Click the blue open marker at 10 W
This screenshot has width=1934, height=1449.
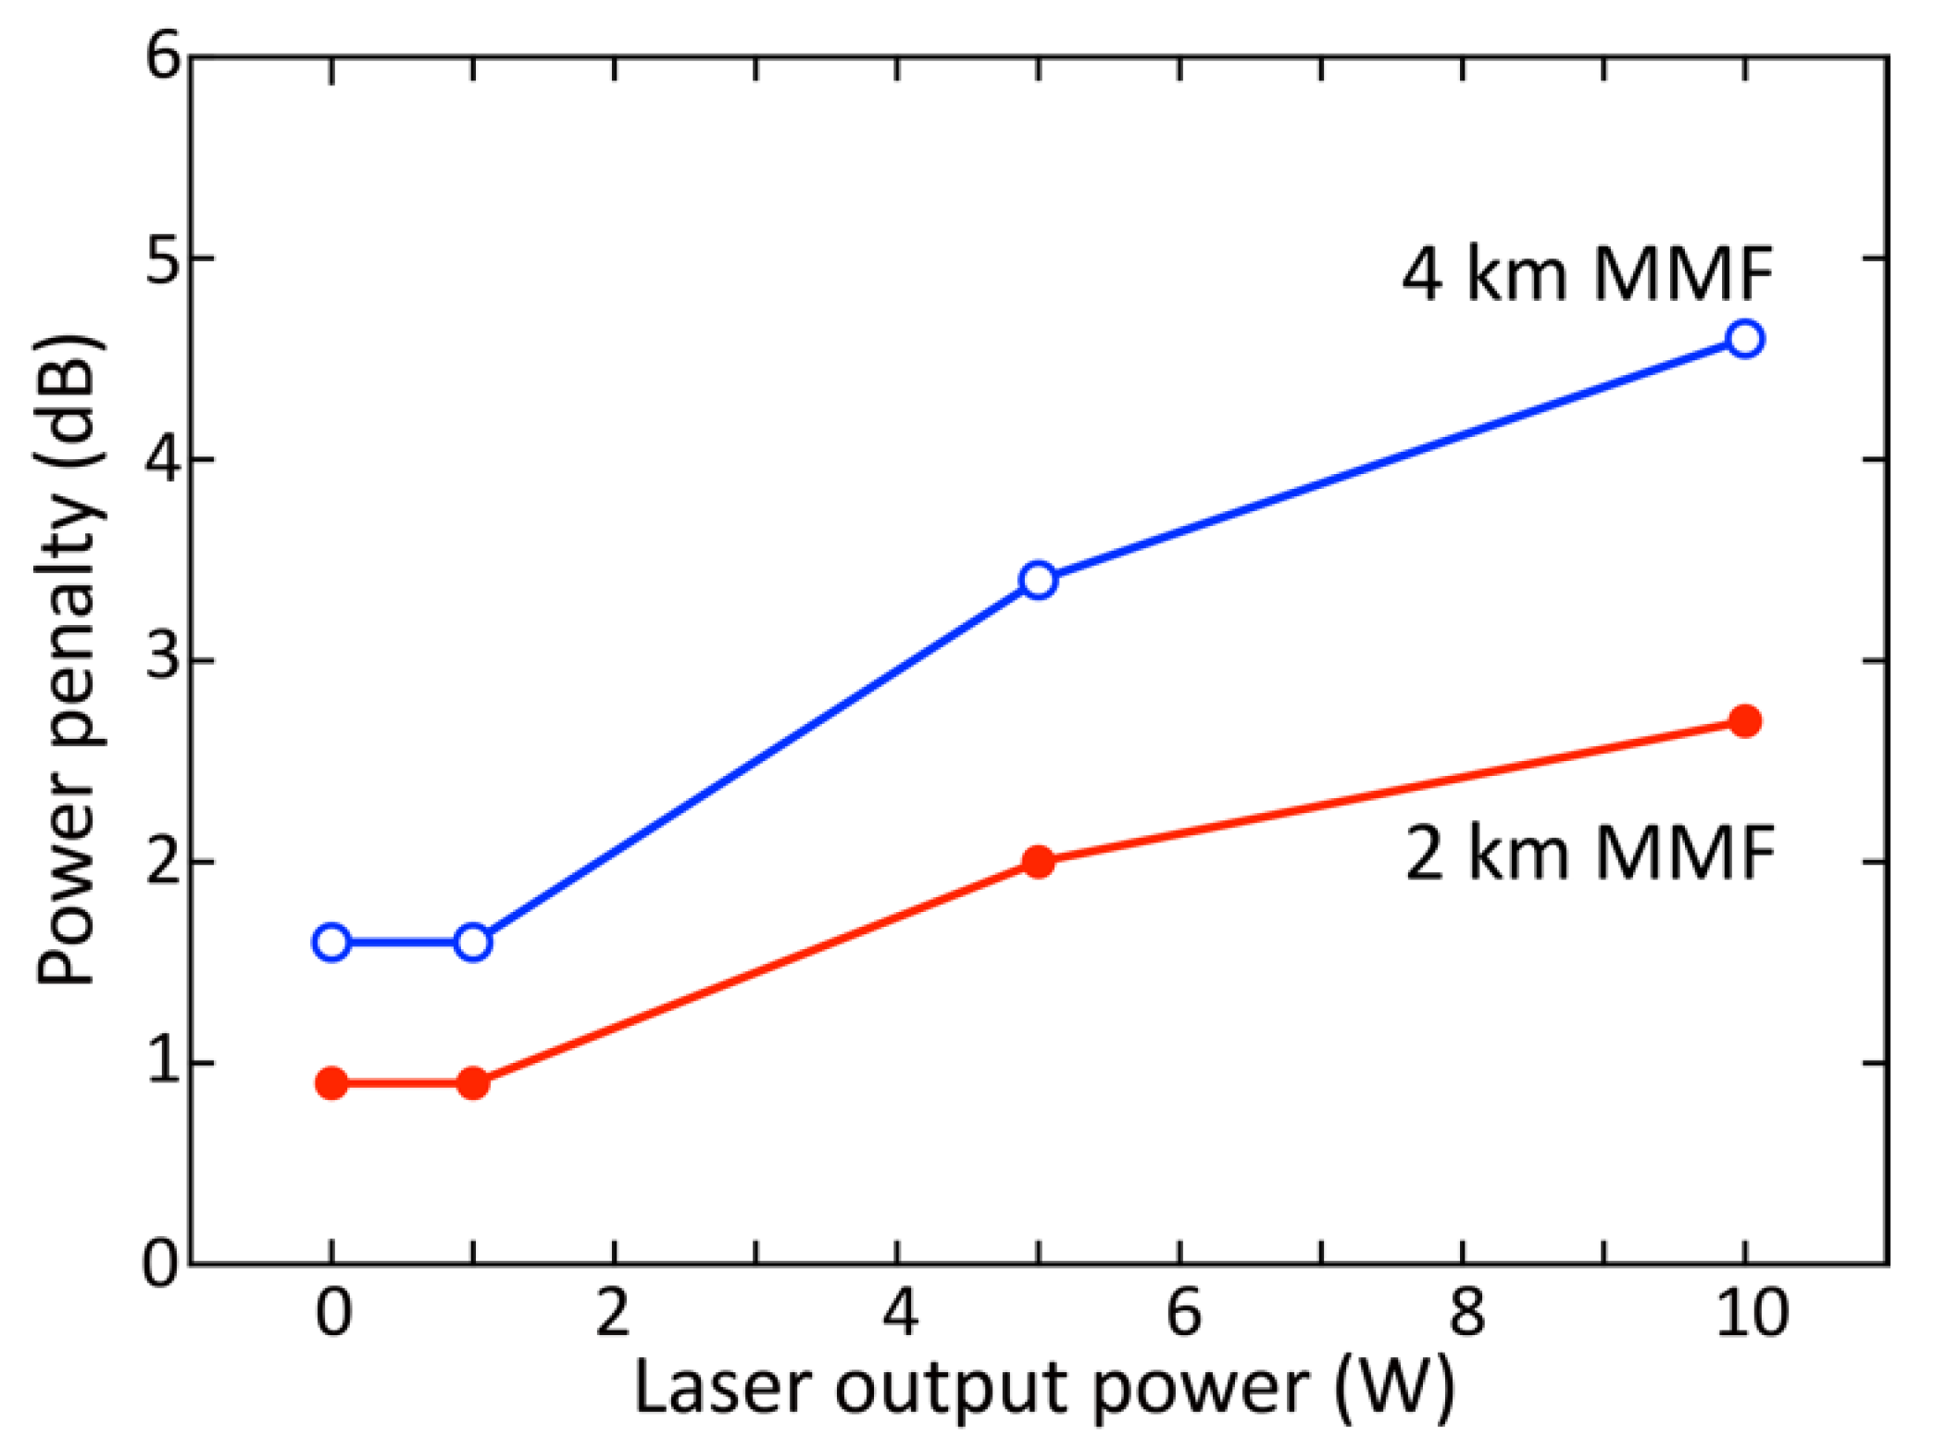1744,339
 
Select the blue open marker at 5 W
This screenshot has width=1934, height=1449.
1039,580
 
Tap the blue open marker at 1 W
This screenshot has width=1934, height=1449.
473,943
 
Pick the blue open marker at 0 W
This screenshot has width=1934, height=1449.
331,943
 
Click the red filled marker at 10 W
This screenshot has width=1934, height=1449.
1744,720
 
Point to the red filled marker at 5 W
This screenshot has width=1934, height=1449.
1039,862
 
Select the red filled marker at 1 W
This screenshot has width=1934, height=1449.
473,1083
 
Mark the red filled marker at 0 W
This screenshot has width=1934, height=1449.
331,1083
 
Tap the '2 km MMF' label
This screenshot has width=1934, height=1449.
1590,853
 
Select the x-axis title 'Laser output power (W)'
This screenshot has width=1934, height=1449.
1044,1389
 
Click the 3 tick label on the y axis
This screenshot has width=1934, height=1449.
163,659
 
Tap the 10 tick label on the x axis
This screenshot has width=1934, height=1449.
1751,1314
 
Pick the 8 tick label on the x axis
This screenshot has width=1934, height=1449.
1465,1314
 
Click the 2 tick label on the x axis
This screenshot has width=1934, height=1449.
614,1314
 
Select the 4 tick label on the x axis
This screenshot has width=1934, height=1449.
899,1314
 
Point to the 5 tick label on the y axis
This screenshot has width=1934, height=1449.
163,259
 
